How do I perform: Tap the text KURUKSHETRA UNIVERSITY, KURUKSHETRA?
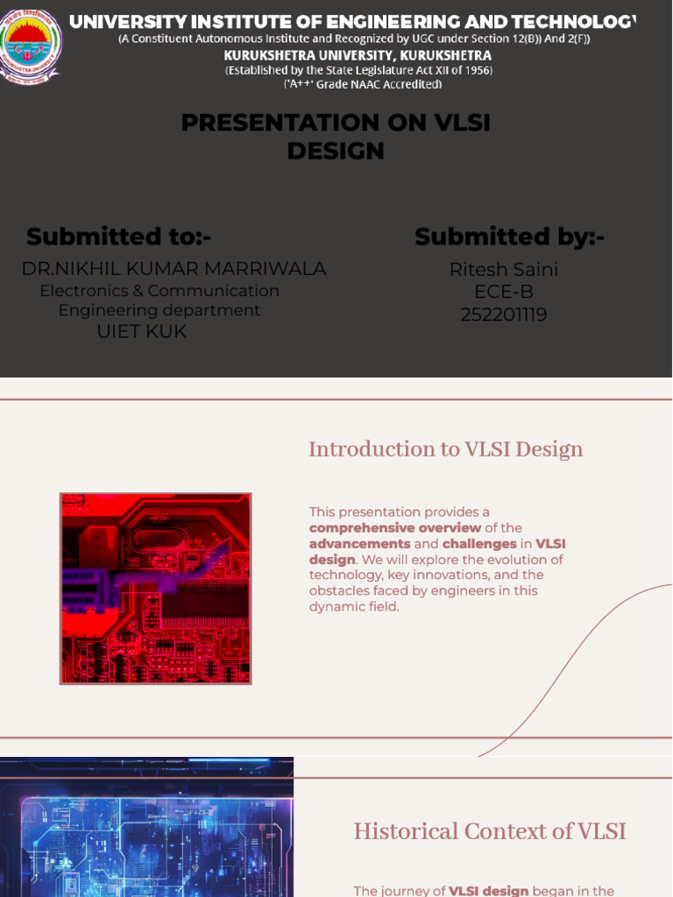click(x=358, y=55)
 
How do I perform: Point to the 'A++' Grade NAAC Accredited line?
click(x=363, y=84)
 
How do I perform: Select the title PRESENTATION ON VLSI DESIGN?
click(x=336, y=137)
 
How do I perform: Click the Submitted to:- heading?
click(x=118, y=237)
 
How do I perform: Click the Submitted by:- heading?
click(x=509, y=237)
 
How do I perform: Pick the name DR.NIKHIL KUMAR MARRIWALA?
click(x=174, y=269)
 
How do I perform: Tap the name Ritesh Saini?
click(x=504, y=270)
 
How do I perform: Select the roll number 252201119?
click(x=504, y=314)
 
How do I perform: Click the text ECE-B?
click(x=504, y=292)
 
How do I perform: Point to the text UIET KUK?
click(x=141, y=332)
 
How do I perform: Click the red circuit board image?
click(x=155, y=588)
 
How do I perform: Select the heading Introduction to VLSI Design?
click(x=445, y=449)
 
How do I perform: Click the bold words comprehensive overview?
click(x=394, y=528)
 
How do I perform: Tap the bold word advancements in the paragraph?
click(x=359, y=544)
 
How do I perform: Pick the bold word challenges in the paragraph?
click(x=478, y=544)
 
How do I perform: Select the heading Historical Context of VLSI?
click(x=490, y=831)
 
